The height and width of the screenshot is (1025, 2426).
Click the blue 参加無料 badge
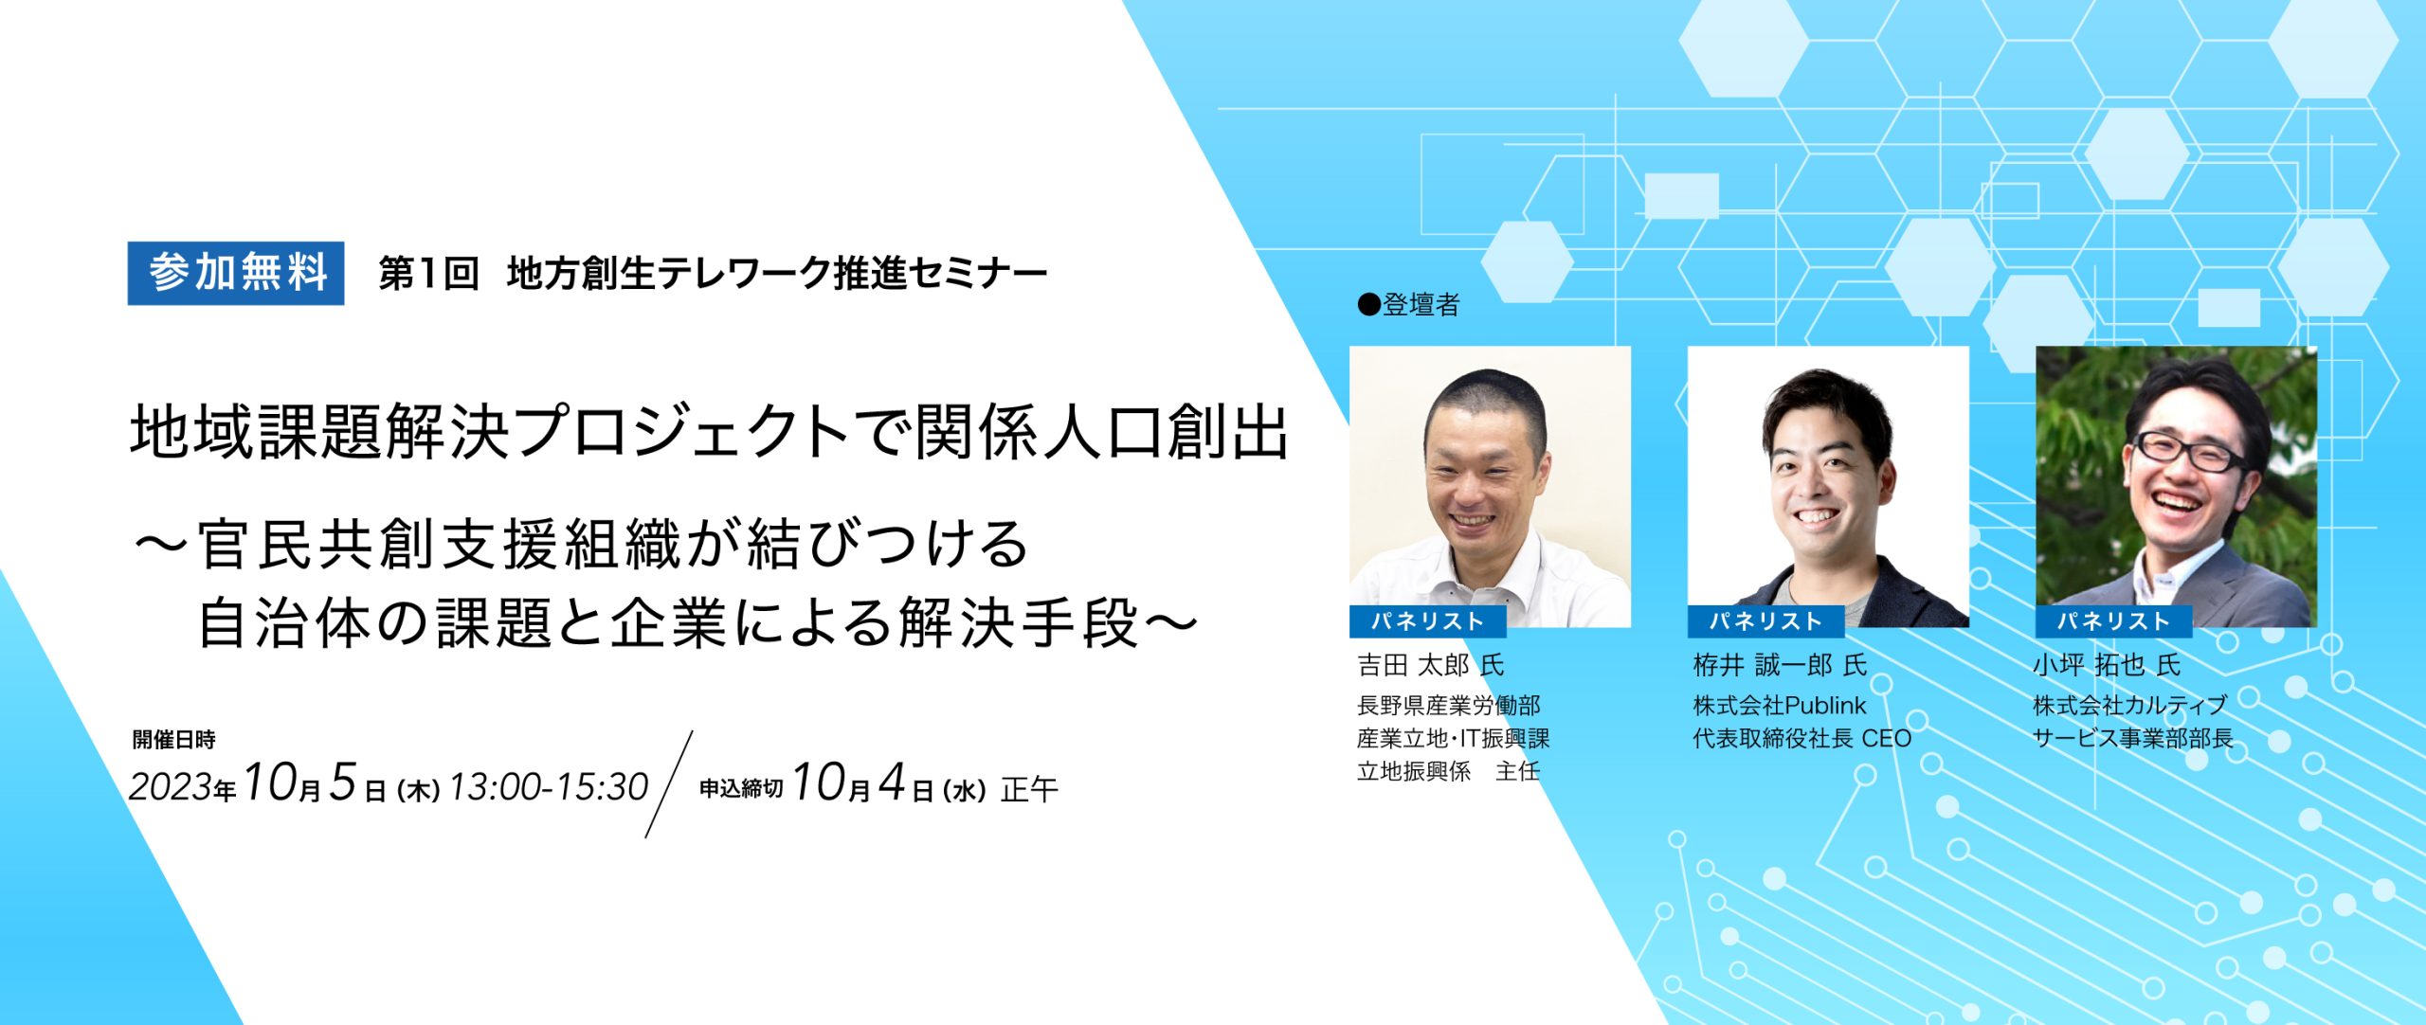coord(236,274)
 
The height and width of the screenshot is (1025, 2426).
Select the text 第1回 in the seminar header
coord(428,274)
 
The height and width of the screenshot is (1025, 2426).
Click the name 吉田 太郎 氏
coord(1430,665)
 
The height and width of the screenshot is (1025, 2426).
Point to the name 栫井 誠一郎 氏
coord(1780,665)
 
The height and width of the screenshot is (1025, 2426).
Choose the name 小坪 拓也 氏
coord(2106,665)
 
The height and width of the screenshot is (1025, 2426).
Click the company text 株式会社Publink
coord(1780,706)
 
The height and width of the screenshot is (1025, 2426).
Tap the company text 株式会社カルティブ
coord(2128,706)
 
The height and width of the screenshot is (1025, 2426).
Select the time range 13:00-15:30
coord(549,787)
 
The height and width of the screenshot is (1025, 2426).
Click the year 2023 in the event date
coord(171,787)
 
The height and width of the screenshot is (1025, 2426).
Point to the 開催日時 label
coord(173,740)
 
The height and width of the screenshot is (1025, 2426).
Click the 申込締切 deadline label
coord(741,789)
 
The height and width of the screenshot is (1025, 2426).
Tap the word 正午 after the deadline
coord(1029,789)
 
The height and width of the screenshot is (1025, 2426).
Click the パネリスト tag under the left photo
coord(1427,621)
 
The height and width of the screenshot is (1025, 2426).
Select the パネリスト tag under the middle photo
coord(1765,621)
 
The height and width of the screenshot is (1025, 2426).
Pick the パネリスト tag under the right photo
coord(2113,621)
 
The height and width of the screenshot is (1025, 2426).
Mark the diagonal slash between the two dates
coord(669,784)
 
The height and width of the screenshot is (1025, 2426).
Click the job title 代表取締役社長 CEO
coord(1802,739)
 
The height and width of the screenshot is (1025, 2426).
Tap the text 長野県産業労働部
coord(1449,706)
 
